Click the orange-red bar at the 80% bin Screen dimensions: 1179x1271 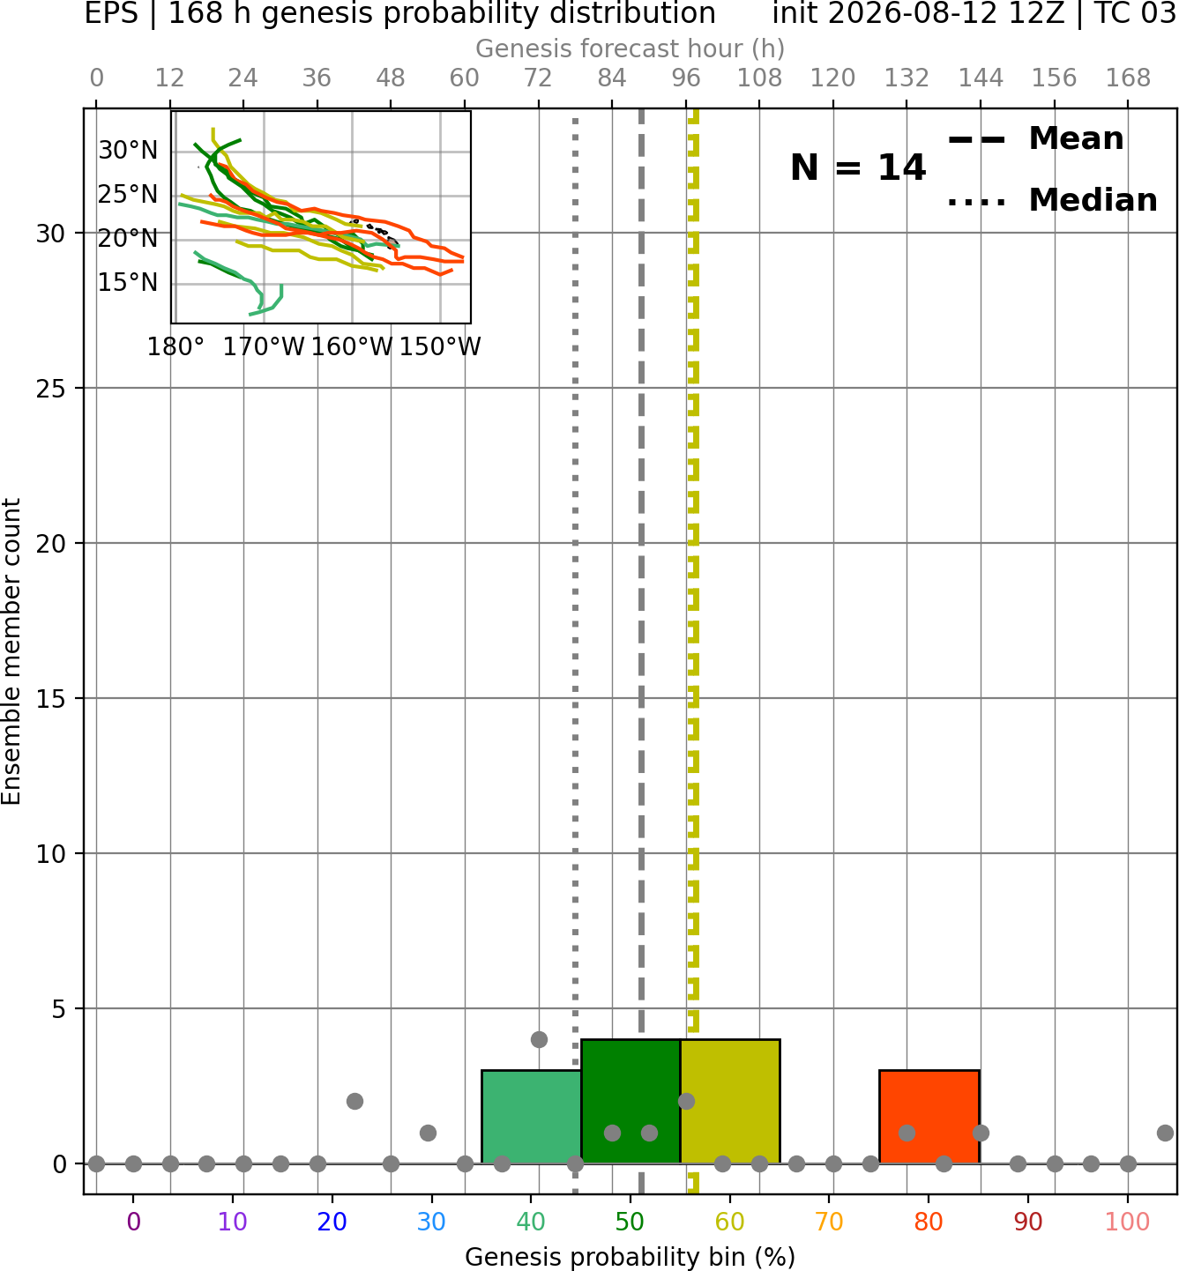(x=929, y=1117)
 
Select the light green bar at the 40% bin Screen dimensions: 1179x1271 (x=531, y=1117)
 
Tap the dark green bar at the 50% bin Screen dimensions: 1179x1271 (x=631, y=1102)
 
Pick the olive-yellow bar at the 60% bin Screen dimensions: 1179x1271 (x=729, y=1102)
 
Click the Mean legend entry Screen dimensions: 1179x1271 (x=1035, y=139)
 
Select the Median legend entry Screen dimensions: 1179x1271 (x=1052, y=200)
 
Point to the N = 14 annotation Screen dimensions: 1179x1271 (x=858, y=167)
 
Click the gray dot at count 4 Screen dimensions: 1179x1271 (x=539, y=1039)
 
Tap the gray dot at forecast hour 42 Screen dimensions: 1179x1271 (x=354, y=1102)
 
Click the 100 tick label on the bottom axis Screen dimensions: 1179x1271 (x=1127, y=1222)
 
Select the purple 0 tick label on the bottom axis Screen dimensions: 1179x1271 (x=133, y=1222)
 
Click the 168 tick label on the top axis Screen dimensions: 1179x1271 (x=1128, y=78)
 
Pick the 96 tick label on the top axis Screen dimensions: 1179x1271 (x=686, y=78)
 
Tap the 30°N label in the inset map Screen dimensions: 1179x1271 (x=128, y=151)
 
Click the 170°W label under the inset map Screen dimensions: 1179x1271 (x=263, y=347)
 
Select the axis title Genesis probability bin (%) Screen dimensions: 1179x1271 (x=631, y=1256)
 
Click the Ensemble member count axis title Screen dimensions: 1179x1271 (x=11, y=650)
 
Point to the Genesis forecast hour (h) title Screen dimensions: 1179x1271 (x=631, y=48)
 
